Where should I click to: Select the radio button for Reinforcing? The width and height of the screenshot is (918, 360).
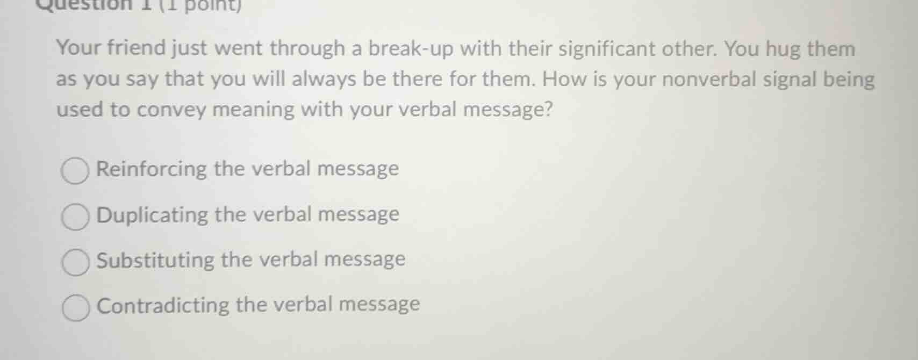(x=75, y=171)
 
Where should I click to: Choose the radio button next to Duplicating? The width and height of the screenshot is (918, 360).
(x=75, y=217)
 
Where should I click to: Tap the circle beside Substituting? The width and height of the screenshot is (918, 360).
(x=75, y=262)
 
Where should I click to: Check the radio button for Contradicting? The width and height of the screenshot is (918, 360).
(x=76, y=308)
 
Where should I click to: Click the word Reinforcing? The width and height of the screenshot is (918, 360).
(x=151, y=169)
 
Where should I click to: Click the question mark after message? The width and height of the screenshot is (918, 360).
(x=548, y=110)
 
